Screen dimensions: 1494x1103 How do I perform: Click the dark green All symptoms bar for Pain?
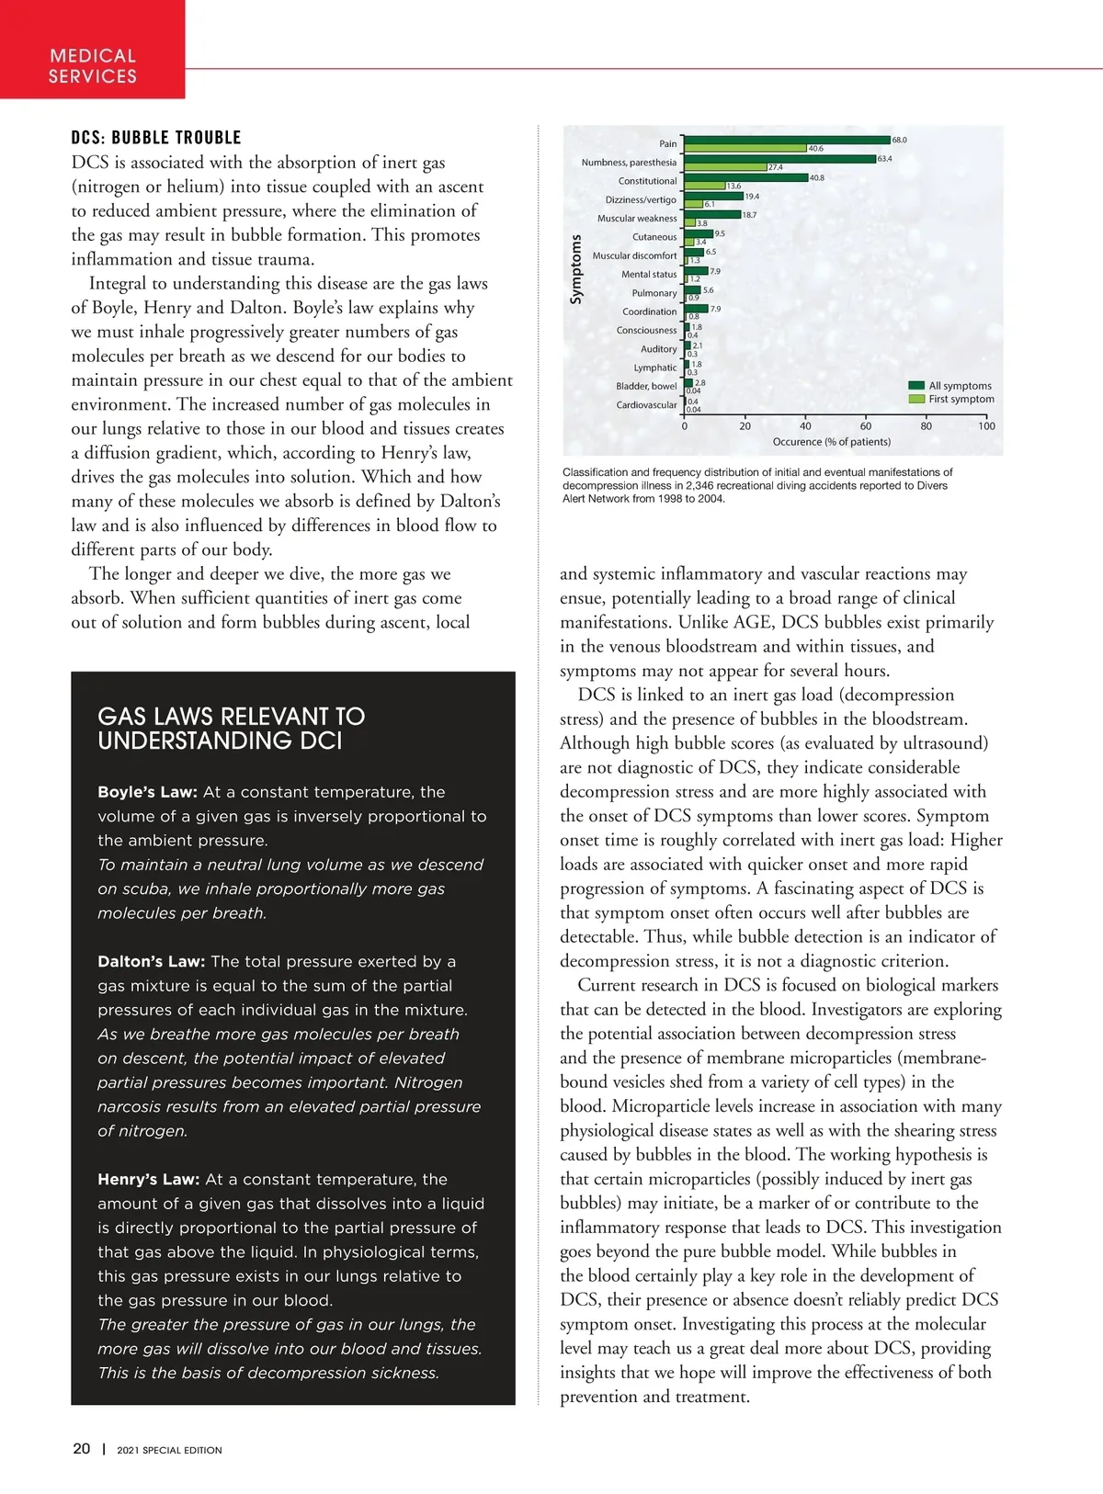point(787,140)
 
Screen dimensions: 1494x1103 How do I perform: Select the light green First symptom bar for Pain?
point(745,148)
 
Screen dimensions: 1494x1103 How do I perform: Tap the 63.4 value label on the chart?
point(884,159)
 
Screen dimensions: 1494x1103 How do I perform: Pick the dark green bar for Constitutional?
point(745,177)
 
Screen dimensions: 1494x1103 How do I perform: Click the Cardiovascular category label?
point(646,405)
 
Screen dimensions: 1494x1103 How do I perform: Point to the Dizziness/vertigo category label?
point(641,199)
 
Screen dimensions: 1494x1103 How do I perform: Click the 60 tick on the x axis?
point(866,426)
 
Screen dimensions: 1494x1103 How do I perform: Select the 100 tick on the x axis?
point(986,426)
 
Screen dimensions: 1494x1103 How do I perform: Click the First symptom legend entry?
point(961,399)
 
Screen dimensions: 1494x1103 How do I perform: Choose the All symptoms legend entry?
point(960,386)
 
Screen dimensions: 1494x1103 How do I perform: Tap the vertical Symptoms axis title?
point(576,269)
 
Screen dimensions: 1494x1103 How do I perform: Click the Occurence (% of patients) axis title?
point(831,442)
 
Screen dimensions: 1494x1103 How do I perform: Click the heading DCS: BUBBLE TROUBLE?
point(156,138)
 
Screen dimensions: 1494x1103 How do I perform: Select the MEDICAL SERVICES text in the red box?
point(93,66)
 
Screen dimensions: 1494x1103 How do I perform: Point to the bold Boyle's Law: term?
point(147,792)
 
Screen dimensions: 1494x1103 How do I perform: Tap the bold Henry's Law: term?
point(148,1179)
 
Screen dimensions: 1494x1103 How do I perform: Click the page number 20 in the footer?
point(82,1448)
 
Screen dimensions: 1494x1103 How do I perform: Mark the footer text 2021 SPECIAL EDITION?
point(169,1450)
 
